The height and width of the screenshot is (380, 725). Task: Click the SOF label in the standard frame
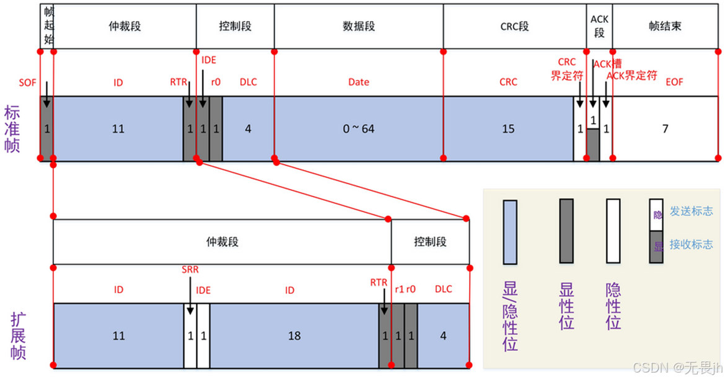click(x=27, y=82)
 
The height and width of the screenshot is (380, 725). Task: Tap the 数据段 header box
click(x=359, y=27)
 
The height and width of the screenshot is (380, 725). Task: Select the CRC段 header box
click(x=514, y=27)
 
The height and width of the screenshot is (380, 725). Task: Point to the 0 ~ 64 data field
click(x=359, y=129)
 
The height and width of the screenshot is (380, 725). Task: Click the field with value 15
click(x=508, y=129)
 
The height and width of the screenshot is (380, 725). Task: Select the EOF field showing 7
click(x=666, y=129)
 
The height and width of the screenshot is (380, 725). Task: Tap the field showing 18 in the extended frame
click(x=294, y=336)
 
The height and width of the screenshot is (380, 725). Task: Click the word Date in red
click(x=359, y=82)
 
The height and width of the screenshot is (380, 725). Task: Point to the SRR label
click(x=190, y=270)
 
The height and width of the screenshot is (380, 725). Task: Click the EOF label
click(x=674, y=82)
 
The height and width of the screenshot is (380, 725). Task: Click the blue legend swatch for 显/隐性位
click(x=510, y=232)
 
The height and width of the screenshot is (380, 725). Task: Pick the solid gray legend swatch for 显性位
click(x=566, y=231)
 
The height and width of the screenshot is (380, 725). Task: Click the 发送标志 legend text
click(x=692, y=211)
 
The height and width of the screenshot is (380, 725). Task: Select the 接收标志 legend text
click(x=692, y=244)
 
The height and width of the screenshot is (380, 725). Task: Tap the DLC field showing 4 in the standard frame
click(x=248, y=129)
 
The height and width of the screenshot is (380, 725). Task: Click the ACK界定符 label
click(x=631, y=76)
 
